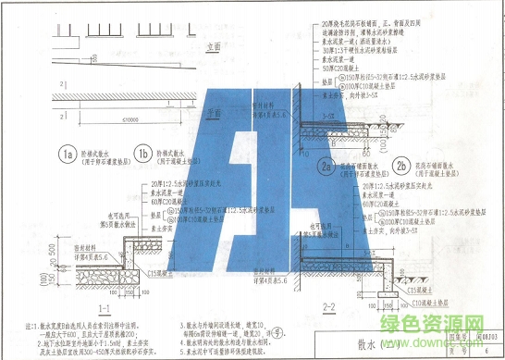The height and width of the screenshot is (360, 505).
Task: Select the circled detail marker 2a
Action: (325, 167)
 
